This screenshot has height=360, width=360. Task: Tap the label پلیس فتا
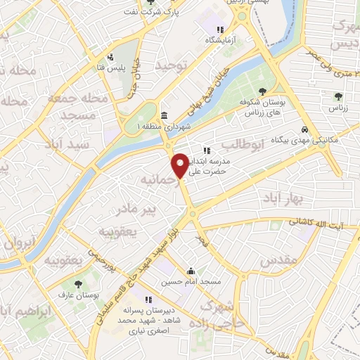click(110, 68)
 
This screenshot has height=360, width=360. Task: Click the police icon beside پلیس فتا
click(110, 58)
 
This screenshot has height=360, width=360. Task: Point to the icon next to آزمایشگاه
click(219, 30)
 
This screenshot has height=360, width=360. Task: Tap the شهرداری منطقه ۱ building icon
click(164, 116)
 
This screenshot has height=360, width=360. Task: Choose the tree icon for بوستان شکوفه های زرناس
click(262, 91)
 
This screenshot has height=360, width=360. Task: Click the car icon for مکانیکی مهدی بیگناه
click(304, 130)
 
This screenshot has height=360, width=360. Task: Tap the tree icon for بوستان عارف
click(78, 284)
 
